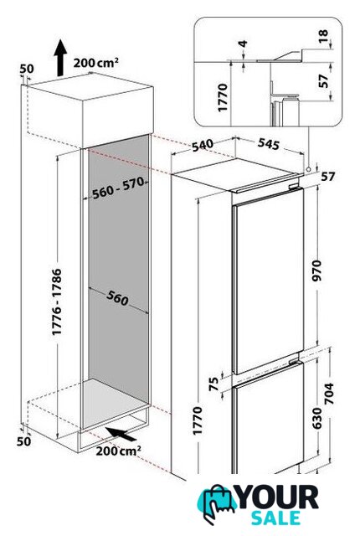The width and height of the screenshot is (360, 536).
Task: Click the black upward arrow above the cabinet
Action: (x=60, y=58)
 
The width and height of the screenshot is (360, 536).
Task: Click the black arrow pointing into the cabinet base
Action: (x=121, y=434)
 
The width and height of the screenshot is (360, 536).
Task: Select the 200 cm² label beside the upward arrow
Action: (x=96, y=63)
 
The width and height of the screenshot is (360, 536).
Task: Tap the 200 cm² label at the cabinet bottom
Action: (x=118, y=451)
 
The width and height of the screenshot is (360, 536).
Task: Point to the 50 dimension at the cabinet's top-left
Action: (x=27, y=69)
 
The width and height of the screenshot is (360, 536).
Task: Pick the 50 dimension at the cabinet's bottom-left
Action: (x=24, y=441)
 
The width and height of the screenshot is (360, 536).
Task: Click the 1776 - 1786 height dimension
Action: (x=57, y=301)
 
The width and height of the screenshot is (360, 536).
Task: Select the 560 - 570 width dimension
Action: (x=118, y=188)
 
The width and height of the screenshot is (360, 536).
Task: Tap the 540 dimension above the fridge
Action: (x=203, y=145)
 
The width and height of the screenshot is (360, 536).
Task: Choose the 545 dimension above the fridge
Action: (x=269, y=144)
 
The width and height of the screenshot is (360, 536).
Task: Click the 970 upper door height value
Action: (x=317, y=271)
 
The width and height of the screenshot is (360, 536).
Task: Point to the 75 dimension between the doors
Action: (x=213, y=384)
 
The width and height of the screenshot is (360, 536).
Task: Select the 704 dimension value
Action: (x=328, y=394)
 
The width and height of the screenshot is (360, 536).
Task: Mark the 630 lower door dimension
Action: (x=317, y=418)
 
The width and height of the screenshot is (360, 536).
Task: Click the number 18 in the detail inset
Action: (x=323, y=36)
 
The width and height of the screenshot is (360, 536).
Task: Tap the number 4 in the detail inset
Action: (x=243, y=44)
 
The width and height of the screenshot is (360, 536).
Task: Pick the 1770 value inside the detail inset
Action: (x=223, y=97)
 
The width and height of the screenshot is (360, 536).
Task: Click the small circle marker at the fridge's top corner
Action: (x=308, y=169)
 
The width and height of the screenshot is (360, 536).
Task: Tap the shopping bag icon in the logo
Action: (x=215, y=503)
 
